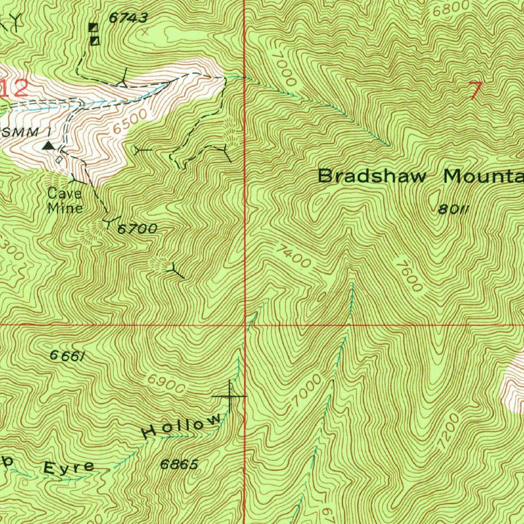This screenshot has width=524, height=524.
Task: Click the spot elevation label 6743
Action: point(128,18)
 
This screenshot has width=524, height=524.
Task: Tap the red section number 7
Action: point(475,91)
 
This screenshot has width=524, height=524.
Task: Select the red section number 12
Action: point(14,89)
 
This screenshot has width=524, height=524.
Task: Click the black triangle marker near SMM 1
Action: point(49,146)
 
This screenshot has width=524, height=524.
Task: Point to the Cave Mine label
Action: point(64,201)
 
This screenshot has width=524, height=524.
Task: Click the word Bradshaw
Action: point(372,177)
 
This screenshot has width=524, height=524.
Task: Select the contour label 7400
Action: point(293,256)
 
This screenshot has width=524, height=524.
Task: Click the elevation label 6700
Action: point(137,229)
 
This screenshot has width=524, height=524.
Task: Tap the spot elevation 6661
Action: point(67,357)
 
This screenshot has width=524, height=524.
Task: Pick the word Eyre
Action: point(69,467)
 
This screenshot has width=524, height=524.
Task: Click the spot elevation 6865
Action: point(179,464)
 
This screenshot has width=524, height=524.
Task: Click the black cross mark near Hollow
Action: point(230,396)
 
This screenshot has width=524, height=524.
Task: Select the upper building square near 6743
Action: point(93,27)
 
